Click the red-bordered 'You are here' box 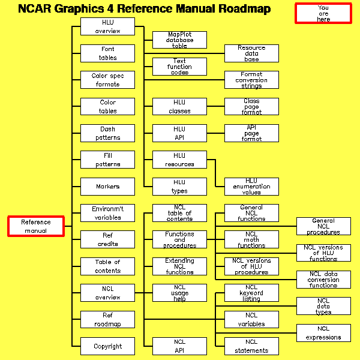[x=323, y=13]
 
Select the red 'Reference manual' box [x=35, y=226]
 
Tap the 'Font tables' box [x=108, y=53]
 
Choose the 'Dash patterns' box [x=108, y=133]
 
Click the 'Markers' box [x=108, y=187]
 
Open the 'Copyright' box [x=108, y=346]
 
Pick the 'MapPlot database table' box [x=179, y=40]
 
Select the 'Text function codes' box [x=179, y=67]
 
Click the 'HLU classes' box [x=179, y=107]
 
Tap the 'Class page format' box [x=251, y=107]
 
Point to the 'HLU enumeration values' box [x=251, y=187]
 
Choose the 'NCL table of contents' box [x=179, y=213]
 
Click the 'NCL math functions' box [x=251, y=240]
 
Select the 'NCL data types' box [x=323, y=306]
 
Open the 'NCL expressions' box [x=323, y=333]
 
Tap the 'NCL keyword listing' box [x=251, y=293]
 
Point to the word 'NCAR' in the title [x=37, y=9]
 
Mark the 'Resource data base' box [x=251, y=53]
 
